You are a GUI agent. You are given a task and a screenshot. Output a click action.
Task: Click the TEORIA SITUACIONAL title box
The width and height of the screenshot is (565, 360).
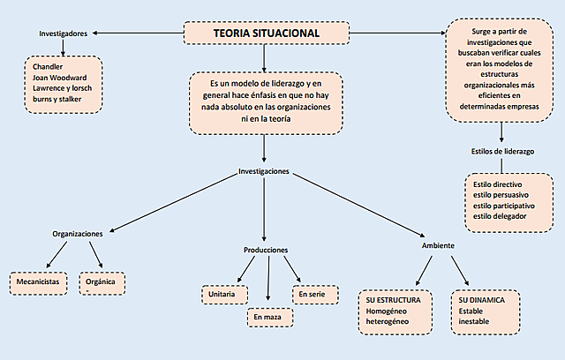267,34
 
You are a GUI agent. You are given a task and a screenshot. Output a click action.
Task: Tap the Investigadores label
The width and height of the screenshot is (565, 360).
63,34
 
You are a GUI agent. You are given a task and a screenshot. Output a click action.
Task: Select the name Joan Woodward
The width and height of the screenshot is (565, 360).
66,77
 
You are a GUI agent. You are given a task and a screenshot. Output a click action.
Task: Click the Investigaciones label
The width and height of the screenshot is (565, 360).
264,170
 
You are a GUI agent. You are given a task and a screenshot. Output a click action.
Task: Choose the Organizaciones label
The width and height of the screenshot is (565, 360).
78,234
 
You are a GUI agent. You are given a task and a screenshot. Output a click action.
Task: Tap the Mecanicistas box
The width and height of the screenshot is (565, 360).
39,281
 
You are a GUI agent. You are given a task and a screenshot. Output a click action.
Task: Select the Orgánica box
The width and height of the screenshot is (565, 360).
101,283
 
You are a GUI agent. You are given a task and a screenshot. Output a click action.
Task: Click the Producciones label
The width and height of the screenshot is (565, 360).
266,250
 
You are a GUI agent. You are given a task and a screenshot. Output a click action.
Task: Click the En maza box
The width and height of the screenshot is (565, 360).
269,316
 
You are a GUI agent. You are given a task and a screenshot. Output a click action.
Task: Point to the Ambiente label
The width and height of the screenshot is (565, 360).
438,245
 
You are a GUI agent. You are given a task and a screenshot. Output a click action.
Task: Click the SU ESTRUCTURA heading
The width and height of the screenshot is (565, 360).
399,300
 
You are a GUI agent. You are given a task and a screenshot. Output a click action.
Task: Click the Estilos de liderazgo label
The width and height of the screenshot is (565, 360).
502,151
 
